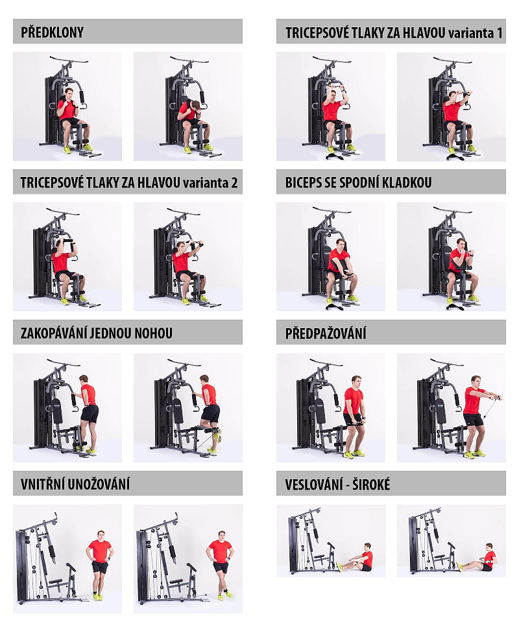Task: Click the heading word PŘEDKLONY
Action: (52, 32)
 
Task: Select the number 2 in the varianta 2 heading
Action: (234, 183)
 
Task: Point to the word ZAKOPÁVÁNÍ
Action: (54, 333)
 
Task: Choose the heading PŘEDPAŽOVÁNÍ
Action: (326, 333)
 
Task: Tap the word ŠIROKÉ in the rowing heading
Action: (371, 484)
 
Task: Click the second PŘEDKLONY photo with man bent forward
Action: (188, 106)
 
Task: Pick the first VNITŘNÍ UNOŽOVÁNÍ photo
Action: (67, 559)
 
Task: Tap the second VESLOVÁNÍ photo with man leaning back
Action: (451, 541)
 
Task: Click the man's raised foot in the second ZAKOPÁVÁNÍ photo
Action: (218, 435)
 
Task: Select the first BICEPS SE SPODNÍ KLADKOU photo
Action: (331, 257)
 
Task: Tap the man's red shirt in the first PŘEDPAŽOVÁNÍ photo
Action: (353, 400)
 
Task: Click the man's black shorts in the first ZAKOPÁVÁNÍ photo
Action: (90, 414)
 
